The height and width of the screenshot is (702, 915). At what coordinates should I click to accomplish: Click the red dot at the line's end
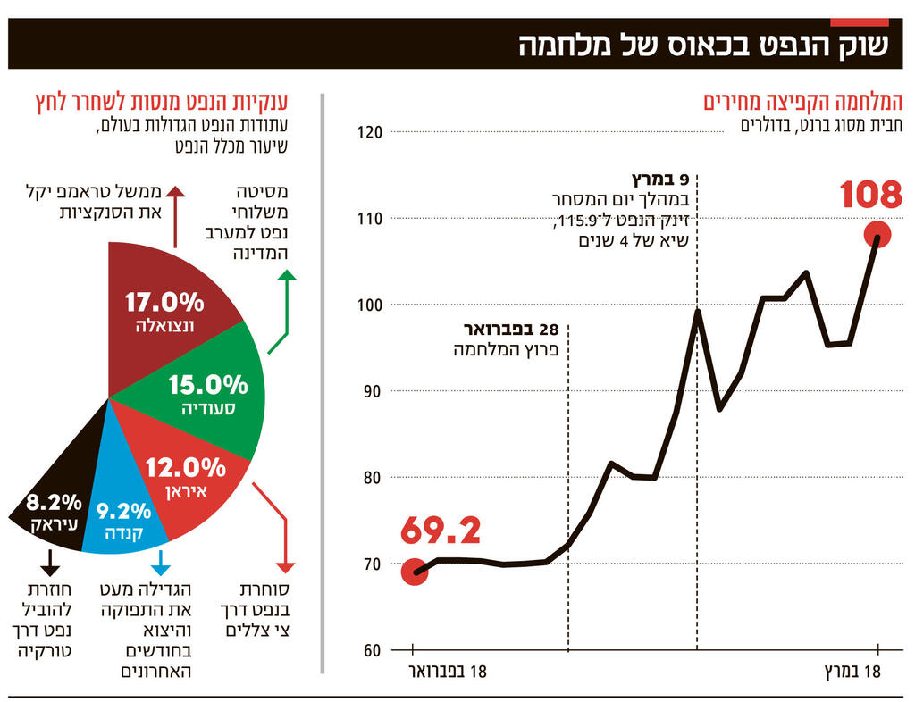point(877,234)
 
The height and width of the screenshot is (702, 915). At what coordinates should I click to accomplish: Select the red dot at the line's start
point(414,572)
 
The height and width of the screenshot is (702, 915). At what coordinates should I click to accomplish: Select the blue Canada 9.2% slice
point(125,514)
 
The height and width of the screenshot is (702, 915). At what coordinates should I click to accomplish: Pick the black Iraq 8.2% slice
point(54,509)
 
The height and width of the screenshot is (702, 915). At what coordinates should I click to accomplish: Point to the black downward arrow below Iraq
point(49,563)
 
